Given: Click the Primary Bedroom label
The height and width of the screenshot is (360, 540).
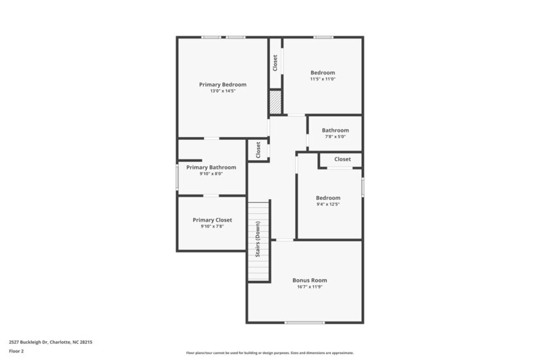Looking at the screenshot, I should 222,84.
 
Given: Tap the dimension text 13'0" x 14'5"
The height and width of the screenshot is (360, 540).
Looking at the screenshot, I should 222,91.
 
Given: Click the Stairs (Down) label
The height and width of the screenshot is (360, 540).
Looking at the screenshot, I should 258,240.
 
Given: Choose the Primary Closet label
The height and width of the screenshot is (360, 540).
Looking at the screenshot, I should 212,220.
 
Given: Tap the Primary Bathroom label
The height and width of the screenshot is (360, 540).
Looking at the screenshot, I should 211,167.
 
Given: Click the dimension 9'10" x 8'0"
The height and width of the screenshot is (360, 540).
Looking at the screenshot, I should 211,174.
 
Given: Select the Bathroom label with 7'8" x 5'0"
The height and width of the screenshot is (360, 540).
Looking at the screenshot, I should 335,130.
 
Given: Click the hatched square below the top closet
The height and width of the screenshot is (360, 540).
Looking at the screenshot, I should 275,103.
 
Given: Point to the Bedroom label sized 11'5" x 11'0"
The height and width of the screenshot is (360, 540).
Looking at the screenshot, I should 322,72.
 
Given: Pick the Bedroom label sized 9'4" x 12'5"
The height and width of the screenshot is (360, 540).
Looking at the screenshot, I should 328,197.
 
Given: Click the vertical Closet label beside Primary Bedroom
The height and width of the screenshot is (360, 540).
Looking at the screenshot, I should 275,63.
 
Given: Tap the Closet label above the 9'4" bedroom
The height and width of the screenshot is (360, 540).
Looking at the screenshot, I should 342,159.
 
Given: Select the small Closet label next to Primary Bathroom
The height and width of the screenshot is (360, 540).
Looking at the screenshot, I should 258,150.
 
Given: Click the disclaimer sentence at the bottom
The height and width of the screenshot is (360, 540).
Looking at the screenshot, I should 269,353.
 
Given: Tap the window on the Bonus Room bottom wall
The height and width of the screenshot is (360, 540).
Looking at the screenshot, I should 304,322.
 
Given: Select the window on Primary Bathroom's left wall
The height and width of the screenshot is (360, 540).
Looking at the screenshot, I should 178,178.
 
